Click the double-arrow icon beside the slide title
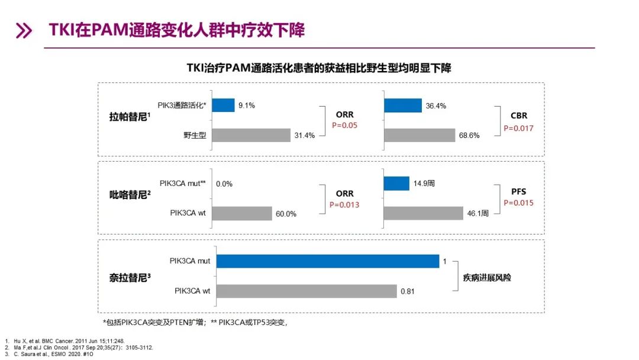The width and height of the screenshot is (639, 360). point(24,31)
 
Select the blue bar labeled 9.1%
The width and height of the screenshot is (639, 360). point(223,105)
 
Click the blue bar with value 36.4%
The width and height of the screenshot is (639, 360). point(402,105)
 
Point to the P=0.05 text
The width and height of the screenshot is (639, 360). point(344,126)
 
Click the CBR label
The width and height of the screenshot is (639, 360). point(519,115)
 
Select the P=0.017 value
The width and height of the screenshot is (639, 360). point(518,128)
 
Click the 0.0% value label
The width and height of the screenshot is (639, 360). point(224,184)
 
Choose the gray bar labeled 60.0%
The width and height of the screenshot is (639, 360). point(241,213)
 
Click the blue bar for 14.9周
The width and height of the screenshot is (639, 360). point(396,184)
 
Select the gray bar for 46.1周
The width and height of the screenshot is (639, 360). point(424,213)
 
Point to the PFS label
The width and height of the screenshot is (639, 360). point(519,192)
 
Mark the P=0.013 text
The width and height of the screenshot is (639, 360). point(344,205)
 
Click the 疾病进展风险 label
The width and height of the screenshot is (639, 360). point(487,277)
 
